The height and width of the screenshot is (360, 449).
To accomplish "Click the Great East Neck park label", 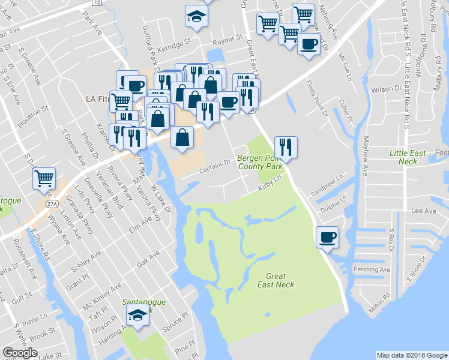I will tap(280, 280).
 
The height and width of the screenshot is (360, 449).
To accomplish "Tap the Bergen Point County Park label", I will tap(260, 161).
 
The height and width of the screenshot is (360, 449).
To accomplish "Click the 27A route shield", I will tap(52, 204).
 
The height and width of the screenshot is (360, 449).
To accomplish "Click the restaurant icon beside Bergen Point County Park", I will tap(286, 147).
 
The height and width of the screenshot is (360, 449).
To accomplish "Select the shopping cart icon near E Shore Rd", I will tap(44, 179).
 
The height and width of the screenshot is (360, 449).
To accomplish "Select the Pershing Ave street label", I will tap(372, 270).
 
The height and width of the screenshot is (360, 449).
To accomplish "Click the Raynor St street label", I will tap(226, 43).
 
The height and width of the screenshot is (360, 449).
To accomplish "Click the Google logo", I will tap(20, 353).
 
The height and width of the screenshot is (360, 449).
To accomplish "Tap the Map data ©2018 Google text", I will tap(411, 355).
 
